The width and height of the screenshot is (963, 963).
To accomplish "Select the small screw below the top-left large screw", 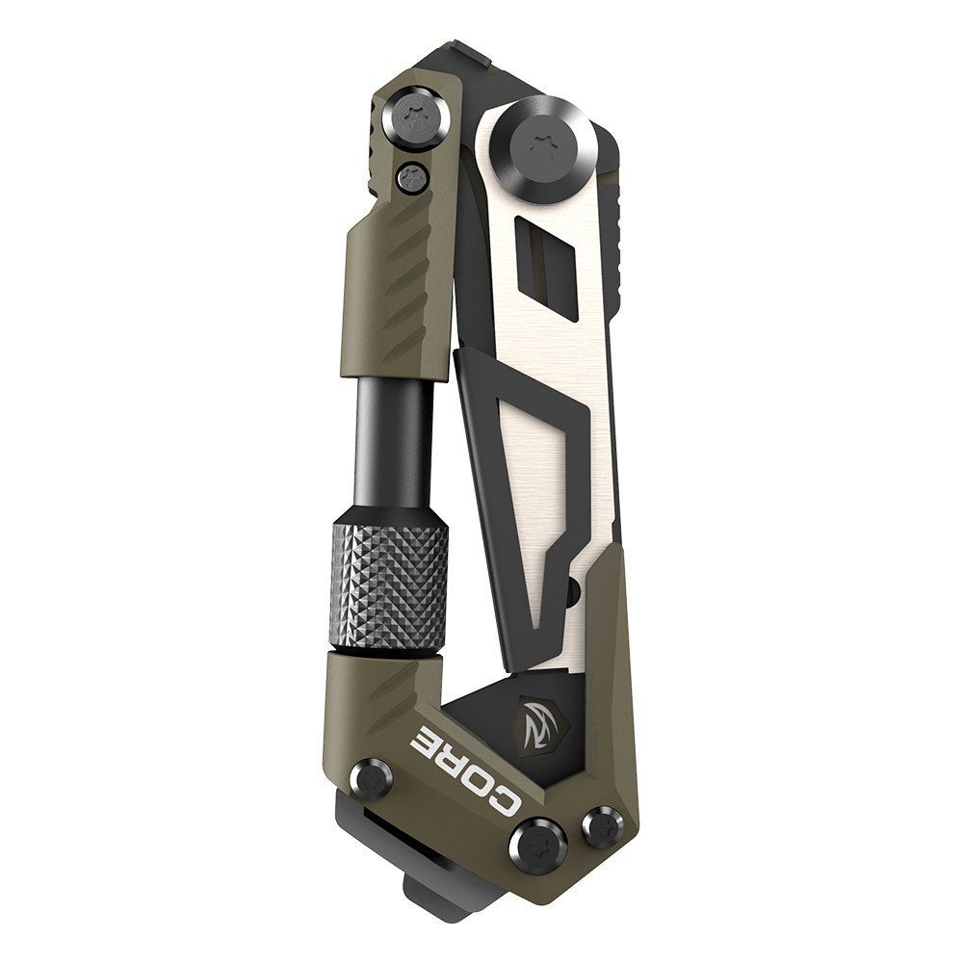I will pos(412,176).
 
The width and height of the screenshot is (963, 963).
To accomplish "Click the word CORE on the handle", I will pos(472,761).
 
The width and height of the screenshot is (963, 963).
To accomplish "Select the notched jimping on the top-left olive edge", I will pos(378,144).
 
